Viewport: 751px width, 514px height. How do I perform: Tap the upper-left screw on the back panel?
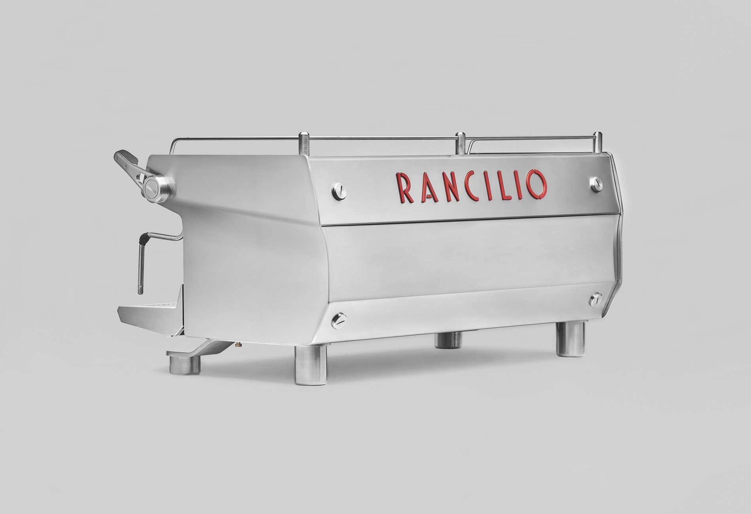339,191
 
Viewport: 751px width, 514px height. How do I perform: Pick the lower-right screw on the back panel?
595,299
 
